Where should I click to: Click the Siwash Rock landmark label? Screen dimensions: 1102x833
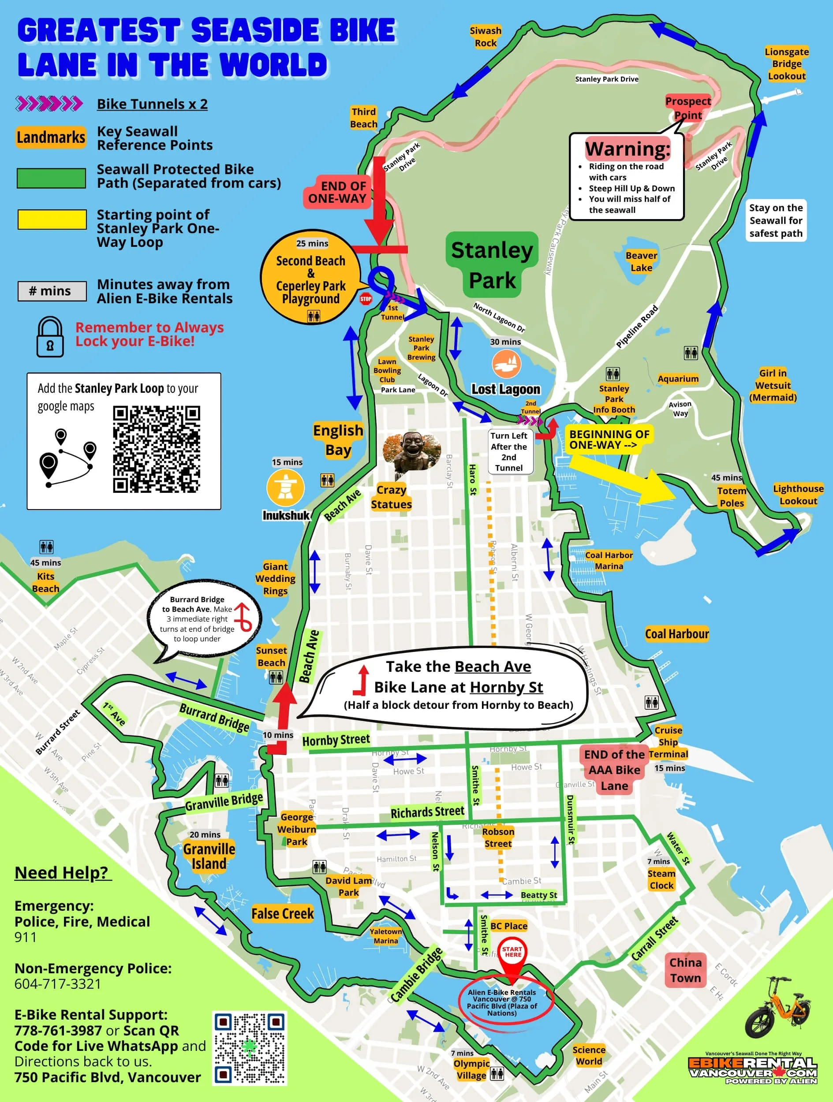pyautogui.click(x=485, y=37)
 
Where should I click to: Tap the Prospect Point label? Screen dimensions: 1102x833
pyautogui.click(x=687, y=108)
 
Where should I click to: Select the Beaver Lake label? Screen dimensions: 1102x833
pyautogui.click(x=641, y=261)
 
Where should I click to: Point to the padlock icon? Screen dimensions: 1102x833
pyautogui.click(x=50, y=337)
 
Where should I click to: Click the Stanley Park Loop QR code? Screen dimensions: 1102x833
pyautogui.click(x=156, y=449)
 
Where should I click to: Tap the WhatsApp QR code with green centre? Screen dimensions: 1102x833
pyautogui.click(x=249, y=1048)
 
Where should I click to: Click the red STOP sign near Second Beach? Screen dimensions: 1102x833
pyautogui.click(x=366, y=299)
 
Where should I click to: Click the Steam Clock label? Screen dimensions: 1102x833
pyautogui.click(x=661, y=879)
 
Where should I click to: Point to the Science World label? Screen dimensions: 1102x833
pyautogui.click(x=589, y=1055)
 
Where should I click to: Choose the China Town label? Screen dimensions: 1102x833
pyautogui.click(x=685, y=970)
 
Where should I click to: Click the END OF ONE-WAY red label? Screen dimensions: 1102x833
pyautogui.click(x=337, y=192)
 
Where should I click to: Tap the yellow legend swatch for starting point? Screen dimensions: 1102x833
pyautogui.click(x=52, y=219)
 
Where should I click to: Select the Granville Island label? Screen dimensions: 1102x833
pyautogui.click(x=209, y=856)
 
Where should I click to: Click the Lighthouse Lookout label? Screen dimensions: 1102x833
pyautogui.click(x=798, y=495)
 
